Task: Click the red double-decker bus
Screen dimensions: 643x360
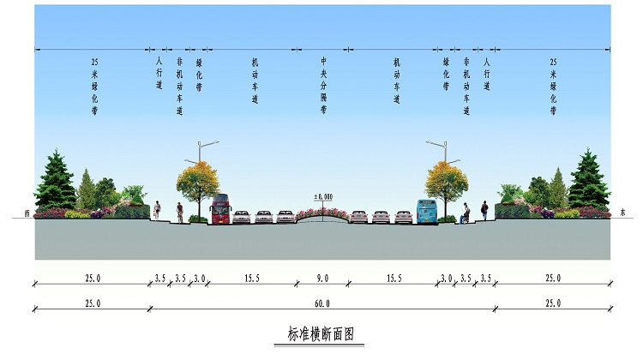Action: click(x=220, y=208)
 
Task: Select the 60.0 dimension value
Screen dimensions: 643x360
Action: click(x=322, y=303)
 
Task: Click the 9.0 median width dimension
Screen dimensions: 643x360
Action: click(x=322, y=279)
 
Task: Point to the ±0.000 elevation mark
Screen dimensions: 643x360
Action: click(x=323, y=197)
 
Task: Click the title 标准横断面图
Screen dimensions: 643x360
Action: click(x=321, y=334)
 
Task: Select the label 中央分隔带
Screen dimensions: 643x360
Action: click(x=323, y=85)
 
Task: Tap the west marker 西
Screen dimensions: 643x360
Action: click(x=27, y=213)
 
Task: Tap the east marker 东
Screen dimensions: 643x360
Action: click(x=622, y=213)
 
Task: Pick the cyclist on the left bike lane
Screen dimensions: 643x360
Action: click(x=179, y=213)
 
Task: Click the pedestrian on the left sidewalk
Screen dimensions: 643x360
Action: click(x=157, y=210)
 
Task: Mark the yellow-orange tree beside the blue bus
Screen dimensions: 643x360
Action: click(x=446, y=183)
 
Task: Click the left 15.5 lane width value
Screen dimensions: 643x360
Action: click(x=252, y=279)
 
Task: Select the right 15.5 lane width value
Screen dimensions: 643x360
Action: click(x=394, y=279)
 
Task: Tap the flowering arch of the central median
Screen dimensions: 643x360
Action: click(x=323, y=213)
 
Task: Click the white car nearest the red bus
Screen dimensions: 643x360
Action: click(x=241, y=217)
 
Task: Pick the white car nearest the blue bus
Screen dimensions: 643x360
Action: click(x=403, y=217)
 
